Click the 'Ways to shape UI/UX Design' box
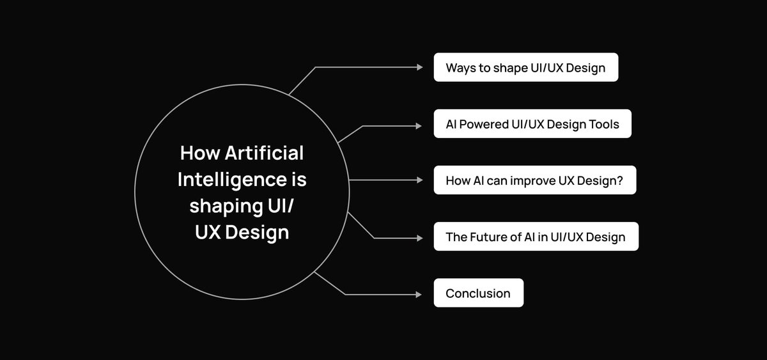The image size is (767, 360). tap(525, 67)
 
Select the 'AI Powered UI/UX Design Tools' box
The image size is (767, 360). tap(532, 124)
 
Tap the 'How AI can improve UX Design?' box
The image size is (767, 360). tap(534, 180)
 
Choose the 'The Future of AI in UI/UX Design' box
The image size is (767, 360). tap(536, 237)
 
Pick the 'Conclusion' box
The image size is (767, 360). tap(478, 293)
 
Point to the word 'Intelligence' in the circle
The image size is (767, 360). tap(228, 180)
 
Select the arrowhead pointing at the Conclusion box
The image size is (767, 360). tap(419, 294)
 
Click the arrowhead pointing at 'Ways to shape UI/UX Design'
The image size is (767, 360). tap(419, 67)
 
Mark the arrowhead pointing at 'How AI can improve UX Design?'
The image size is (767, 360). tap(419, 180)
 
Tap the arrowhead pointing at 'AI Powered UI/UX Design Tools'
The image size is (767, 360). tap(419, 124)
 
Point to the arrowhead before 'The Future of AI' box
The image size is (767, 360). tap(419, 238)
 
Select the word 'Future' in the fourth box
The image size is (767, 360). tap(491, 237)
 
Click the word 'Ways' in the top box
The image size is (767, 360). tap(460, 68)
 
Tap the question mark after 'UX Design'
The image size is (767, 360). tap(621, 180)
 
